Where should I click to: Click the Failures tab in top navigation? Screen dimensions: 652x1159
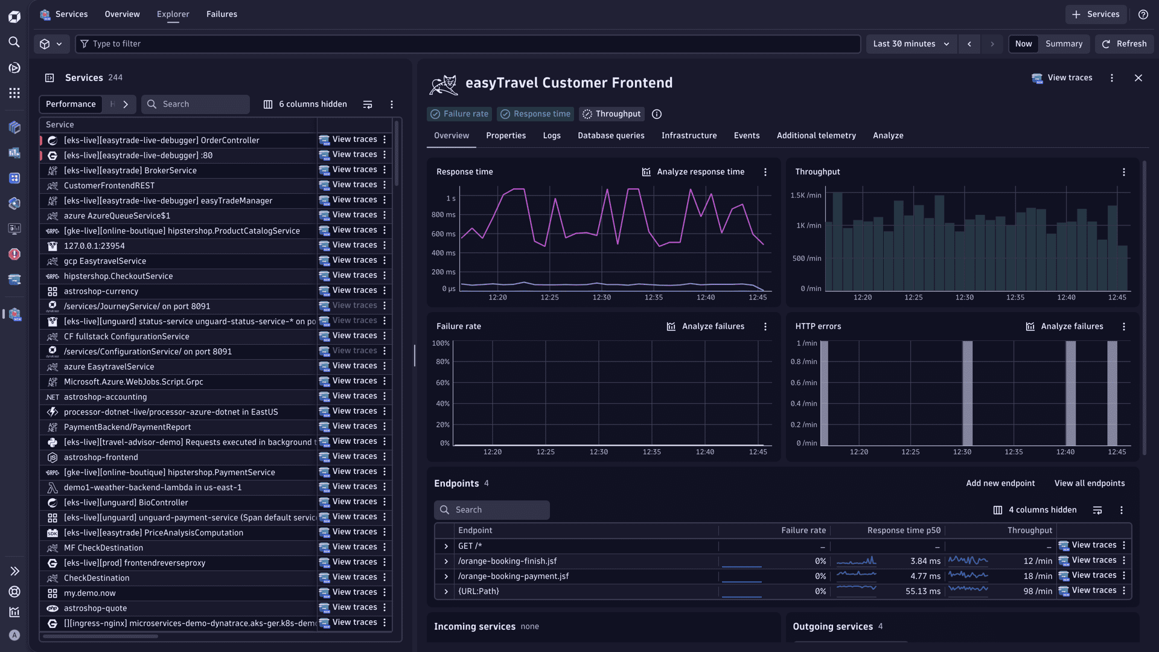tap(222, 14)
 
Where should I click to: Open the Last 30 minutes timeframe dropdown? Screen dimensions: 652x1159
tap(911, 44)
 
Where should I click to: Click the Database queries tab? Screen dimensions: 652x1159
tap(611, 136)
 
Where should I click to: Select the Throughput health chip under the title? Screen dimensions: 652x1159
tap(611, 114)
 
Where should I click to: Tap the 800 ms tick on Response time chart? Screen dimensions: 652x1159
tap(443, 215)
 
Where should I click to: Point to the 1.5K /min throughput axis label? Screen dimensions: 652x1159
tap(805, 196)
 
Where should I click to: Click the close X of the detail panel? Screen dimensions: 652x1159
tap(1138, 78)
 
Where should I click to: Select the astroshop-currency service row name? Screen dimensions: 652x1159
tap(101, 292)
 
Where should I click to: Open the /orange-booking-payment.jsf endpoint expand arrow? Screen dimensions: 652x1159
tap(446, 577)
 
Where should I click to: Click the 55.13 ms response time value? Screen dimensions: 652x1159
tap(922, 592)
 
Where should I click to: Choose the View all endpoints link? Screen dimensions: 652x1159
tap(1089, 484)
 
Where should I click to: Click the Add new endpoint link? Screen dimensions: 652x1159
tap(1000, 484)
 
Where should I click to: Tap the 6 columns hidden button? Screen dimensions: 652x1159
tap(305, 104)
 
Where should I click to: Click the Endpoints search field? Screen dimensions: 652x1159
tap(492, 510)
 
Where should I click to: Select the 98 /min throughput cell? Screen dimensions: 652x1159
tap(1037, 592)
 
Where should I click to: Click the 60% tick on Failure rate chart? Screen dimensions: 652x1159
tap(442, 383)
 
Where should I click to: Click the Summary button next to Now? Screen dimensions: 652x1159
tap(1064, 44)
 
